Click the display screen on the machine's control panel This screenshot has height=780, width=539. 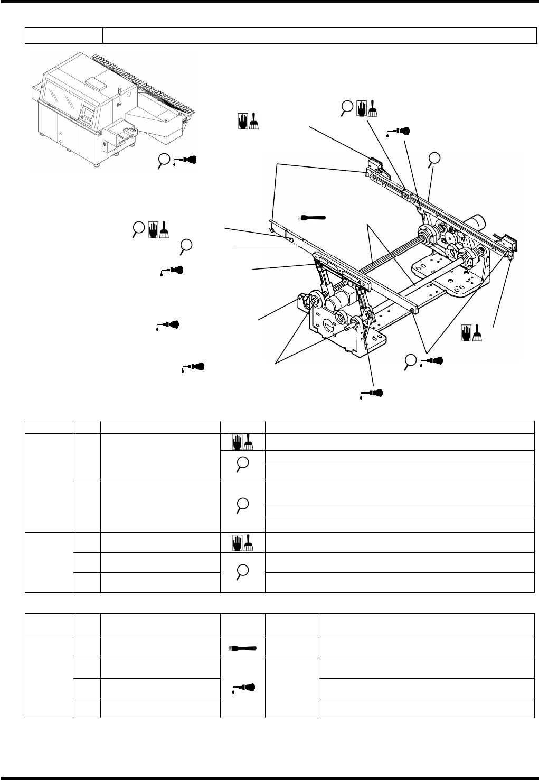pyautogui.click(x=88, y=113)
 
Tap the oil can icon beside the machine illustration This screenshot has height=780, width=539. pyautogui.click(x=186, y=160)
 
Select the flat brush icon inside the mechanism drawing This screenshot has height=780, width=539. pyautogui.click(x=312, y=217)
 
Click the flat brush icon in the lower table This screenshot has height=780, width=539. pyautogui.click(x=242, y=648)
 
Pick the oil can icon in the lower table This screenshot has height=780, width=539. pyautogui.click(x=242, y=688)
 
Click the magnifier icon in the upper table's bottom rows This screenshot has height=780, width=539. pyautogui.click(x=242, y=572)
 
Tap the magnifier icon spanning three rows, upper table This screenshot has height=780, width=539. pyautogui.click(x=242, y=504)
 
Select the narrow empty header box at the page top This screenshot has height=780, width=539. pyautogui.click(x=64, y=35)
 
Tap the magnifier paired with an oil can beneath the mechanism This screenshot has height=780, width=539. pyautogui.click(x=410, y=361)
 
